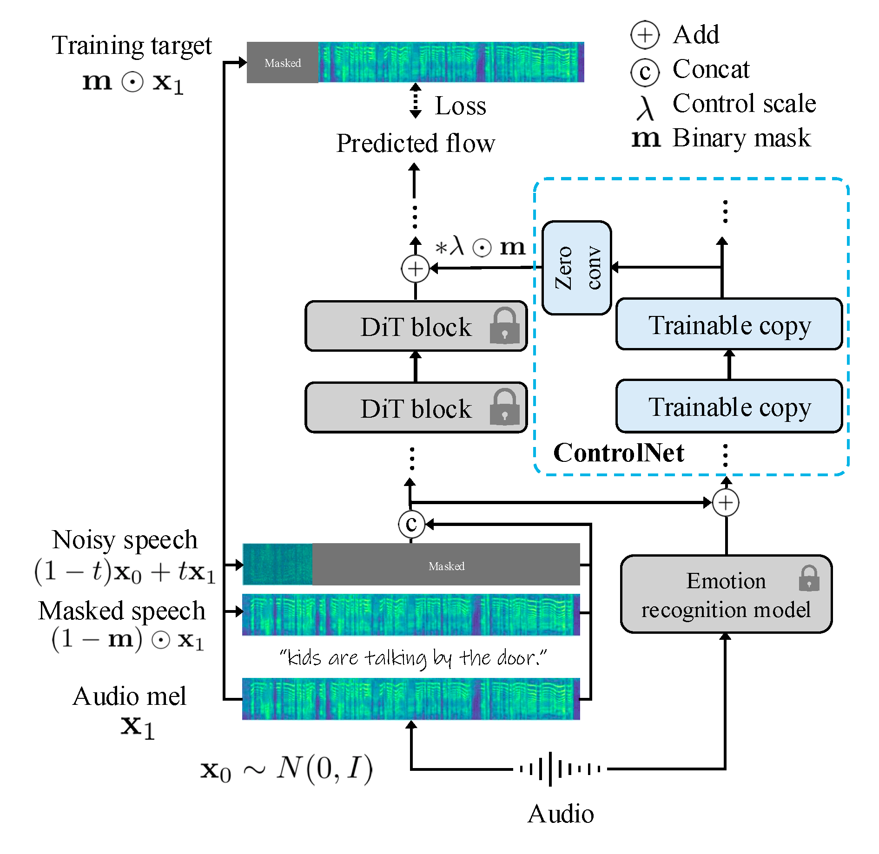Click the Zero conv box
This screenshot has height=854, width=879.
[576, 268]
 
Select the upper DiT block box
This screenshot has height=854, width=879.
[416, 326]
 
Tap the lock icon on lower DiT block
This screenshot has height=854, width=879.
[504, 407]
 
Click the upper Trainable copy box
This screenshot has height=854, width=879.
[729, 324]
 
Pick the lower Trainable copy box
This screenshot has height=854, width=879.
[729, 406]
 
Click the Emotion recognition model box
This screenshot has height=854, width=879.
[726, 594]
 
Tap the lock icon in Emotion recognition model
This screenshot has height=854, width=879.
[809, 578]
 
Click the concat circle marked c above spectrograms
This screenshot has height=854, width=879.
[411, 524]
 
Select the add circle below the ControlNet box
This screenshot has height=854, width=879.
[726, 503]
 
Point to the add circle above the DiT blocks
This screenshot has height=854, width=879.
[415, 269]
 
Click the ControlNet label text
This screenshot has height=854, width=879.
[618, 453]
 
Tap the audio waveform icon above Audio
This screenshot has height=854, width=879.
[560, 769]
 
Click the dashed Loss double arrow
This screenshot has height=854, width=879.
[416, 101]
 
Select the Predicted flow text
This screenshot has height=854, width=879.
[416, 143]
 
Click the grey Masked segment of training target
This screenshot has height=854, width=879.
[283, 63]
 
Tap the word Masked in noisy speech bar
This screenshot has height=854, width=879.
[446, 566]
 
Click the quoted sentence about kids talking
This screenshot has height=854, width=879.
[413, 657]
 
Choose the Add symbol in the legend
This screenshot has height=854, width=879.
[645, 35]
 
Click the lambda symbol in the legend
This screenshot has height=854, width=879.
[645, 108]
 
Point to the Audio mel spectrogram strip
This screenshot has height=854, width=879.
[411, 699]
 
